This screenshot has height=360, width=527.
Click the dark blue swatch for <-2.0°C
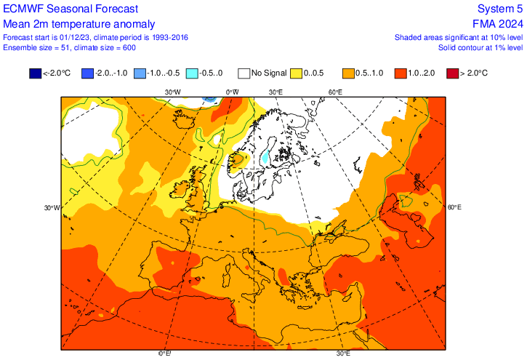[35, 73]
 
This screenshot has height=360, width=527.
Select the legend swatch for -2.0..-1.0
[87, 73]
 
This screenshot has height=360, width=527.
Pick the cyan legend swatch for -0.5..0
[192, 73]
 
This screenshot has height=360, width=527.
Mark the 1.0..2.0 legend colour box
[401, 73]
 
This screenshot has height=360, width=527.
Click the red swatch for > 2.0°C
[452, 73]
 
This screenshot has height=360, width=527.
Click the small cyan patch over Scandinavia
[265, 156]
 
